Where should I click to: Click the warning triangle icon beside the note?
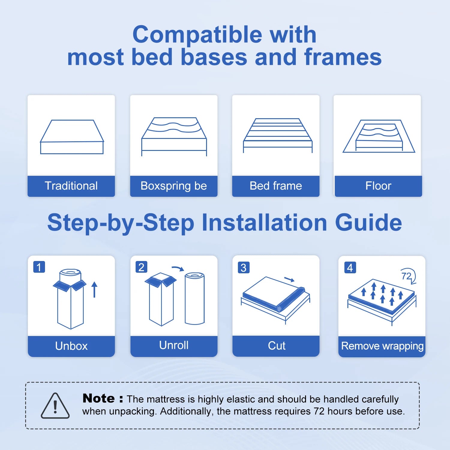point(55,406)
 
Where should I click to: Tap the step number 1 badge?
point(39,267)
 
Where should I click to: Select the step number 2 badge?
point(141,267)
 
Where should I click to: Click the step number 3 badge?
point(244,267)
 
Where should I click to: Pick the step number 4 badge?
point(350,267)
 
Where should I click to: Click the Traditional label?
point(71,186)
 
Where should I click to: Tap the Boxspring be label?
point(174,186)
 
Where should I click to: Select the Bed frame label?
point(276,186)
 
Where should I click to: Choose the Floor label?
point(378,186)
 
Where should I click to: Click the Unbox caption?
point(71,346)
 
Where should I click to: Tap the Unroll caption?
point(174,345)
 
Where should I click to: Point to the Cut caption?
point(277,346)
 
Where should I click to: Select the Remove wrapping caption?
point(382,346)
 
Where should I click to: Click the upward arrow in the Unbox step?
point(94,289)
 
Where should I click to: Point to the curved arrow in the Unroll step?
point(178,268)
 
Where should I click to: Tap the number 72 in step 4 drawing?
point(406,276)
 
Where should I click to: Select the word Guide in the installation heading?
point(368,222)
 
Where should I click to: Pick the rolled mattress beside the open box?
point(195,298)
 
